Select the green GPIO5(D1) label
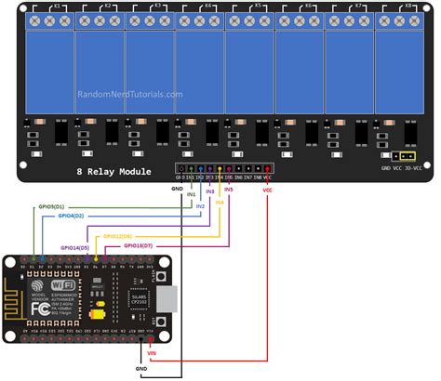point(50,205)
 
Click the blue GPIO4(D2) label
point(71,215)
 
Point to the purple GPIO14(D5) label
point(71,247)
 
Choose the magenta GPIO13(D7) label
point(140,245)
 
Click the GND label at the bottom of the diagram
point(140,369)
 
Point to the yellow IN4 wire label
point(220,201)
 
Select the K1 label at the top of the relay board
point(57,6)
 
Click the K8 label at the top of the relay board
point(408,6)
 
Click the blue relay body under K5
point(249,70)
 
